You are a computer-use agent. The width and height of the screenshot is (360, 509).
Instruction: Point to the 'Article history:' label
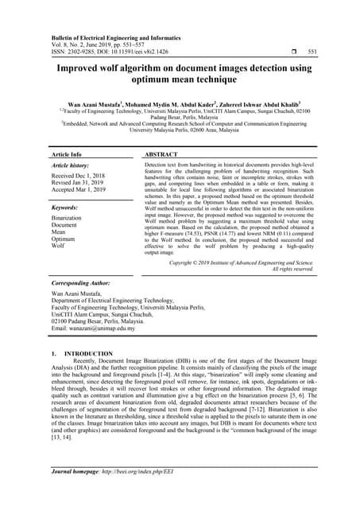tap(72, 165)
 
